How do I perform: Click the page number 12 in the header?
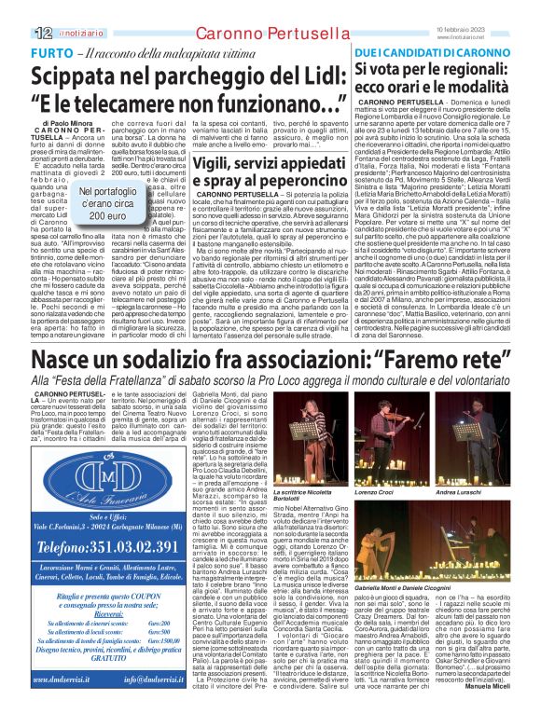pyautogui.click(x=43, y=32)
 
